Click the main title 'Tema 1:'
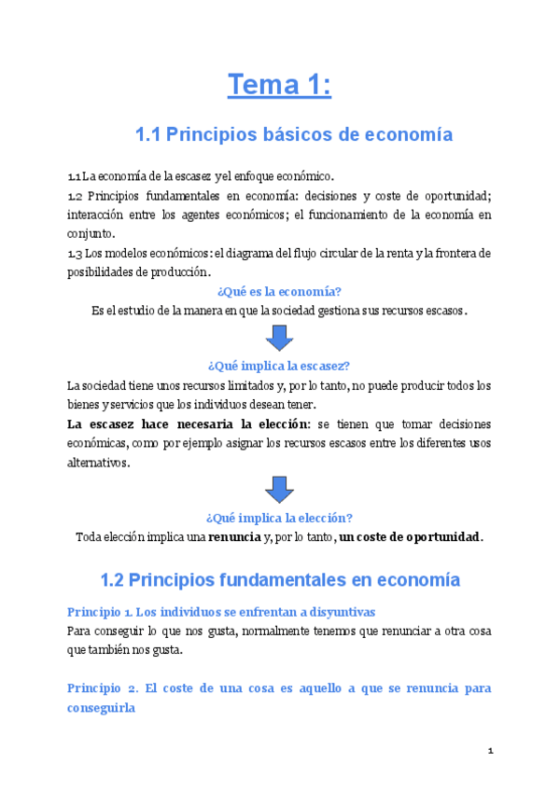(279, 86)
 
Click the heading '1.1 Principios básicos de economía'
(294, 135)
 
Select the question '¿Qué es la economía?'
(279, 292)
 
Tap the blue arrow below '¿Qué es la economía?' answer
(279, 338)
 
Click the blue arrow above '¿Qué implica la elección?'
(279, 489)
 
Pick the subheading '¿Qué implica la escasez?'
(279, 366)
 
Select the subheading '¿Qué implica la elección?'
(279, 518)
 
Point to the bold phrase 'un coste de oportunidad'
(409, 536)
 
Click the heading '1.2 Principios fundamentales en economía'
(280, 579)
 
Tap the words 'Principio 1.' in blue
(99, 612)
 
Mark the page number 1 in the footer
(489, 751)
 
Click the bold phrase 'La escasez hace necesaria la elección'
(189, 423)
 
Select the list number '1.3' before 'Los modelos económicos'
(75, 253)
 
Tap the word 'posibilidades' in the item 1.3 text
(100, 271)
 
